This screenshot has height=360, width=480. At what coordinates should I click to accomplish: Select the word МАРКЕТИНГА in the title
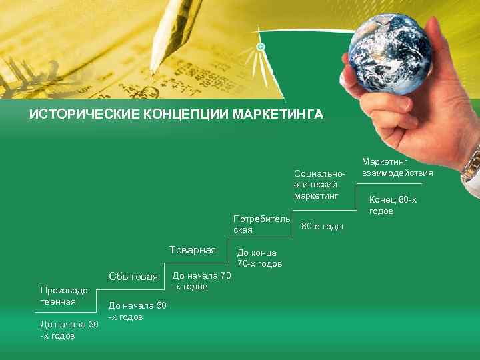(278, 115)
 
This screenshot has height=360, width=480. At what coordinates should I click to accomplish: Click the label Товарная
(193, 250)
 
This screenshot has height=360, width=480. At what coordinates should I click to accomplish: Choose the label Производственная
(63, 296)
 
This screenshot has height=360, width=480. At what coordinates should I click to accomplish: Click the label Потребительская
(261, 224)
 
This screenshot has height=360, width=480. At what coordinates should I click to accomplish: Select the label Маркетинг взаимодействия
(397, 167)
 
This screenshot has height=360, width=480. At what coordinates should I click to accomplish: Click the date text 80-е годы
(323, 227)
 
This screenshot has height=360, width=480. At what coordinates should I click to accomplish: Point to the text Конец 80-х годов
(393, 205)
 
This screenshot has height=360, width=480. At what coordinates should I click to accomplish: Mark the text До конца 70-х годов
(259, 258)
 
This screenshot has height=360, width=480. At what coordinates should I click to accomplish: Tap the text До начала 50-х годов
(137, 311)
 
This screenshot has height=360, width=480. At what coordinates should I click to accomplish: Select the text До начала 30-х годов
(69, 329)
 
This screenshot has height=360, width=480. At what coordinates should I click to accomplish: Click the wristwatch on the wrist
(471, 163)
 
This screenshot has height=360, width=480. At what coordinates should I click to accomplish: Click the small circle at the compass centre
(261, 47)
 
